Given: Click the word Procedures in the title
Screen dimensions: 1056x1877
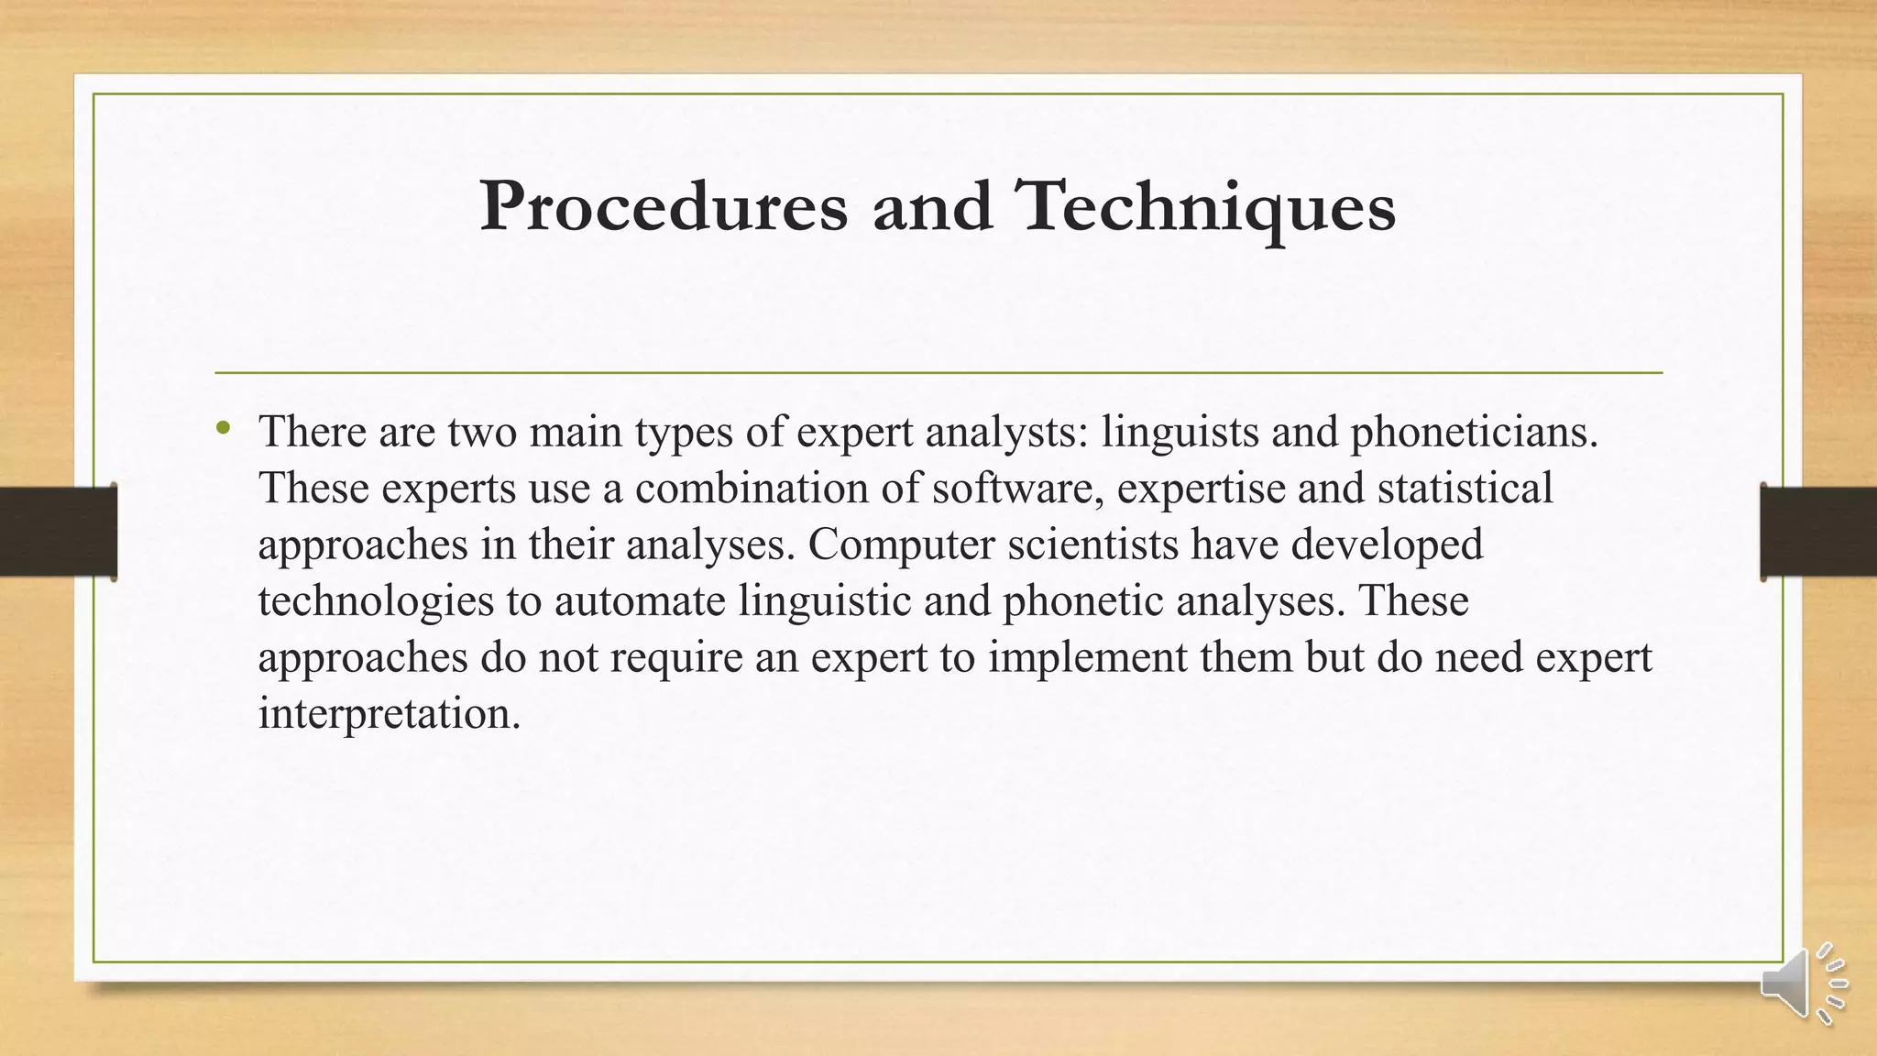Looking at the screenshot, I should point(664,207).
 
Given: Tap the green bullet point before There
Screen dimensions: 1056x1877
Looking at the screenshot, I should point(223,427).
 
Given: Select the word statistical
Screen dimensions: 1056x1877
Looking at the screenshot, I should point(1465,488).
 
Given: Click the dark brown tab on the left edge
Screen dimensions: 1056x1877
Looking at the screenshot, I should point(58,532).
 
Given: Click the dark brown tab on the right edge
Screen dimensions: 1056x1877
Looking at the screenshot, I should point(1818,532).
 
